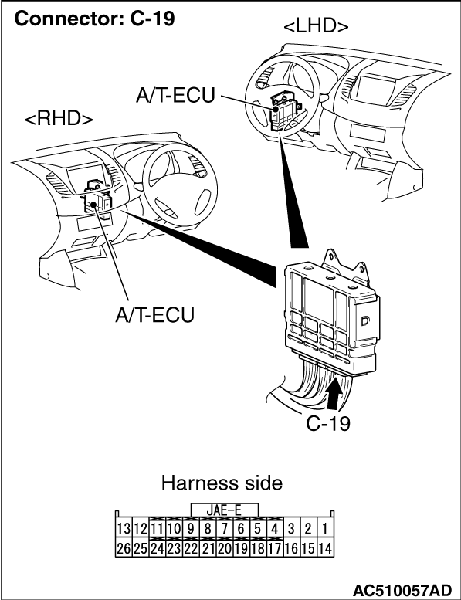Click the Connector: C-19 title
click(x=94, y=18)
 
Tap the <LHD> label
click(x=316, y=26)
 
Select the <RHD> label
click(x=59, y=119)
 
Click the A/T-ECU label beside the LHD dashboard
click(x=175, y=95)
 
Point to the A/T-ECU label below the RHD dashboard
click(x=155, y=315)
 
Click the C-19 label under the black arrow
click(x=328, y=423)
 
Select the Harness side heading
click(x=222, y=483)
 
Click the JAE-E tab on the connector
click(x=224, y=510)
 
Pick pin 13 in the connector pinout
click(x=124, y=529)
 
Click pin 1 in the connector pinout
click(x=325, y=529)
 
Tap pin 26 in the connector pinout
click(x=124, y=548)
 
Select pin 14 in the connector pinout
click(x=325, y=548)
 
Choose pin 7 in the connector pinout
click(x=224, y=529)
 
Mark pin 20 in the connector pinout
click(x=224, y=548)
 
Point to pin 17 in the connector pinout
click(x=274, y=548)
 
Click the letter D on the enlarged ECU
click(x=365, y=320)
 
